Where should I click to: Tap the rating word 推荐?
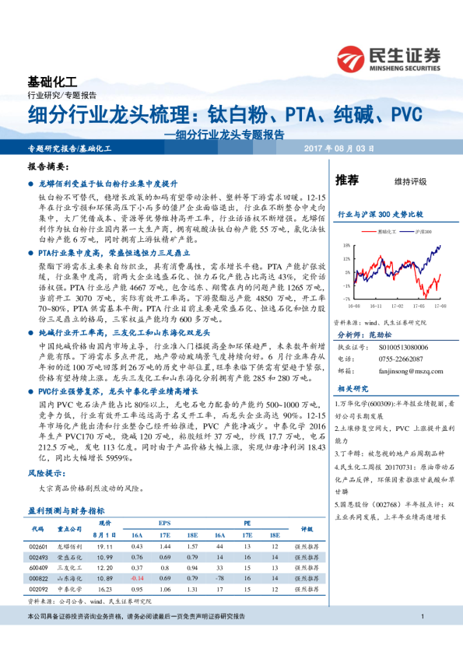click(346, 180)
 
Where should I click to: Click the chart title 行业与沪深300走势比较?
click(379, 213)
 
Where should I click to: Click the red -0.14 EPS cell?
click(137, 579)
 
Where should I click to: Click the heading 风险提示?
click(46, 472)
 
